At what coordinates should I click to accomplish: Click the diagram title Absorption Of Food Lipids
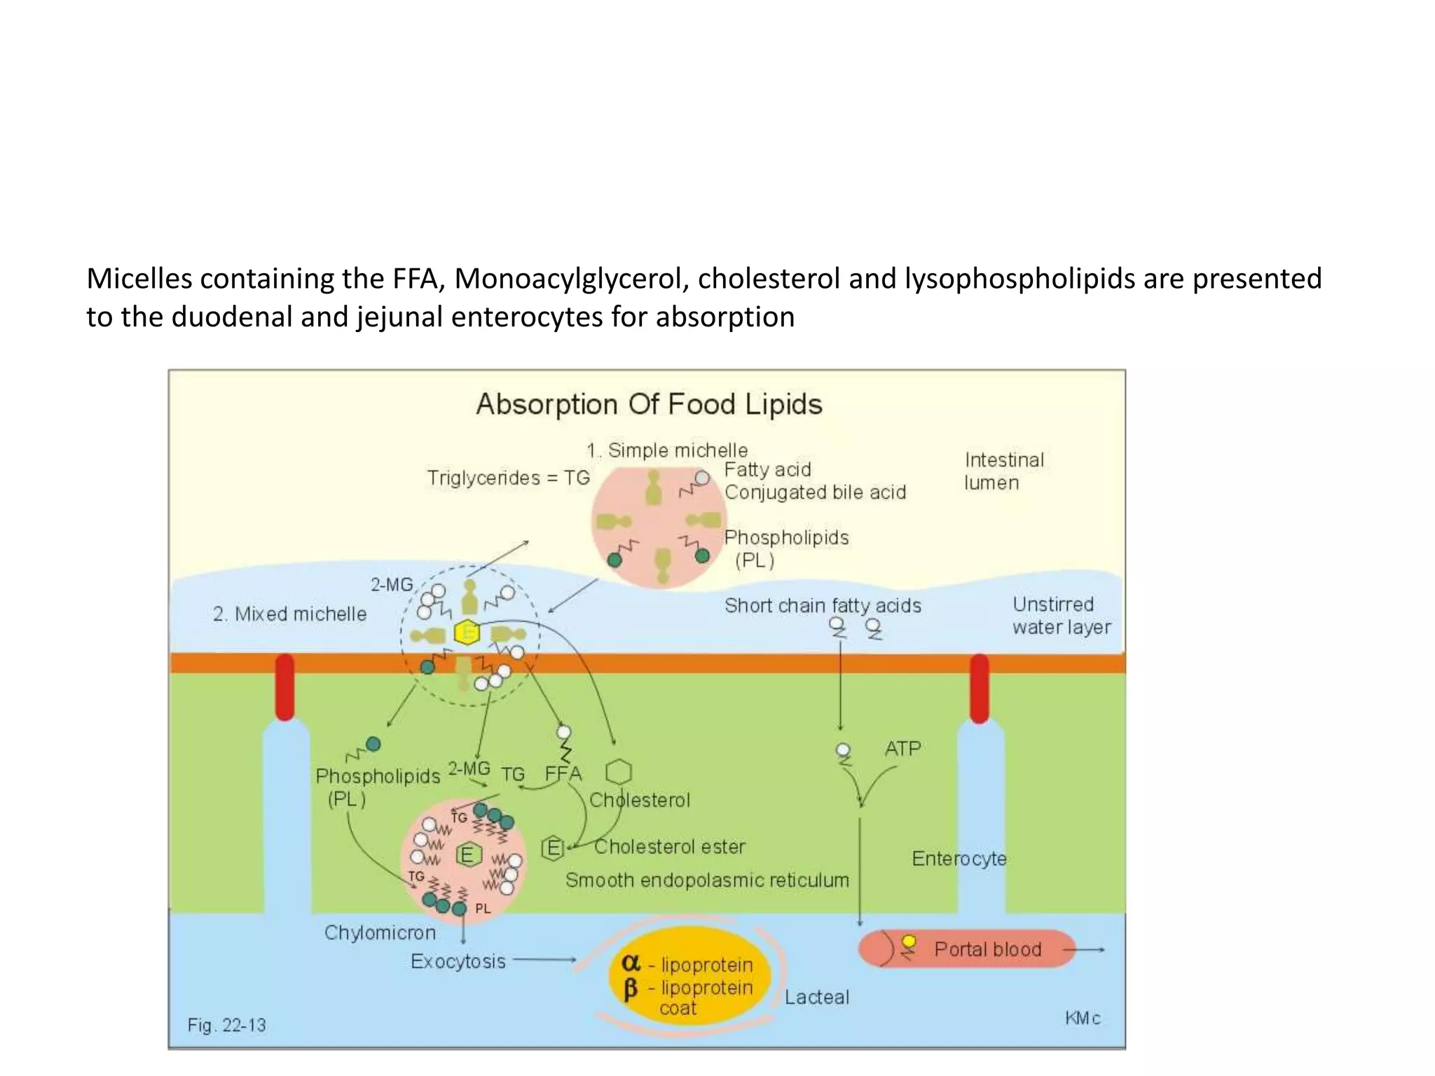click(x=649, y=405)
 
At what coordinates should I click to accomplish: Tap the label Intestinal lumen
click(x=1003, y=471)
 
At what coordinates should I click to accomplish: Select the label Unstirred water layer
click(x=1061, y=615)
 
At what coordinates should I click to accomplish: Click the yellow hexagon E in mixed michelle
click(x=467, y=633)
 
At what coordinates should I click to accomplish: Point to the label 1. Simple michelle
click(x=667, y=450)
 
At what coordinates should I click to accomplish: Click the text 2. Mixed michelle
click(x=289, y=614)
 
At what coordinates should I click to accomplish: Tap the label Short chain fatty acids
click(x=823, y=605)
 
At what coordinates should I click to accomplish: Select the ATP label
click(x=902, y=748)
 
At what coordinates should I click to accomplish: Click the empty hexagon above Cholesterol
click(x=619, y=772)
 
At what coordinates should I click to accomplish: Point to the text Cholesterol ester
click(x=669, y=847)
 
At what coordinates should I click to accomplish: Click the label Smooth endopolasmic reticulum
click(x=707, y=880)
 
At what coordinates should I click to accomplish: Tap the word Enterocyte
click(x=959, y=858)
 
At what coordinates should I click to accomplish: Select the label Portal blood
click(x=987, y=949)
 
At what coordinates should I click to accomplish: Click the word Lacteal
click(x=816, y=997)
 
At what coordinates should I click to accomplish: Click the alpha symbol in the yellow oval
click(x=631, y=963)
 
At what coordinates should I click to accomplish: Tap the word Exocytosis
click(x=458, y=961)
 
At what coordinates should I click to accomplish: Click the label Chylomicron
click(x=380, y=932)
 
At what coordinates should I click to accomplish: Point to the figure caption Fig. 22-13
click(x=226, y=1025)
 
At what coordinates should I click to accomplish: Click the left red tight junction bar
click(x=284, y=687)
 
